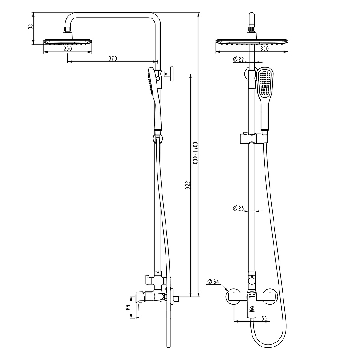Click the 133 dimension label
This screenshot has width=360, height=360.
tap(31, 28)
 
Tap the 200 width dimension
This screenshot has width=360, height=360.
tap(67, 49)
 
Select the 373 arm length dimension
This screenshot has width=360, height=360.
tap(113, 58)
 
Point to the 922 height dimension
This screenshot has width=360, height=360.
tap(188, 185)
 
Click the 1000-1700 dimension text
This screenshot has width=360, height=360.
tap(195, 154)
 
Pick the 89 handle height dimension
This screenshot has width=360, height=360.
tap(129, 307)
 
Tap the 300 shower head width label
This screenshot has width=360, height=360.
tap(265, 49)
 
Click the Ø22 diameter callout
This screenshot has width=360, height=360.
tap(238, 59)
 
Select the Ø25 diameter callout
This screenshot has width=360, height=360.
tap(238, 208)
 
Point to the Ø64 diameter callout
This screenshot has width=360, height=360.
tap(213, 282)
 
